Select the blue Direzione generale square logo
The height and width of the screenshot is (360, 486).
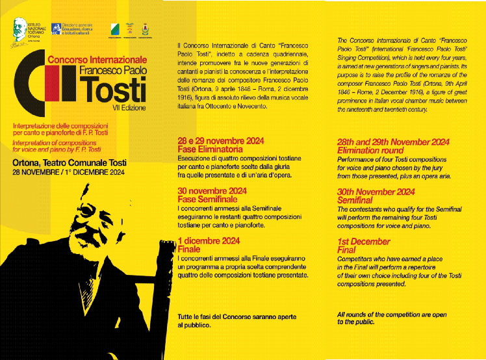tap(57, 29)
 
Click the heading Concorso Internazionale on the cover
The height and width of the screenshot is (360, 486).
tap(97, 59)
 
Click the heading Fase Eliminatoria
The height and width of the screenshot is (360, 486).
tap(206, 149)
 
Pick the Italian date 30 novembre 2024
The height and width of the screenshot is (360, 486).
tap(212, 190)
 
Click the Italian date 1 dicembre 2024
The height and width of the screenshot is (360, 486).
tap(209, 240)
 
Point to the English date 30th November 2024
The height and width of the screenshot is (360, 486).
tap(376, 191)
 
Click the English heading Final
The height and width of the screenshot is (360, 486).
tap(346, 250)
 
